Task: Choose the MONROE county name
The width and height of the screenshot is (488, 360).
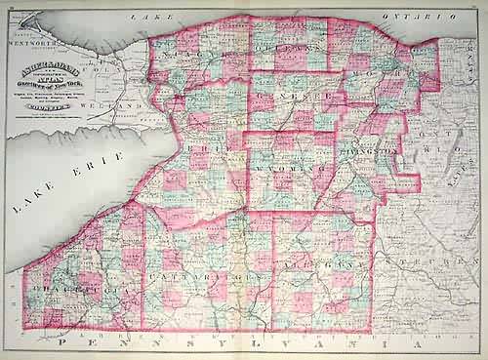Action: pyautogui.click(x=390, y=73)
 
